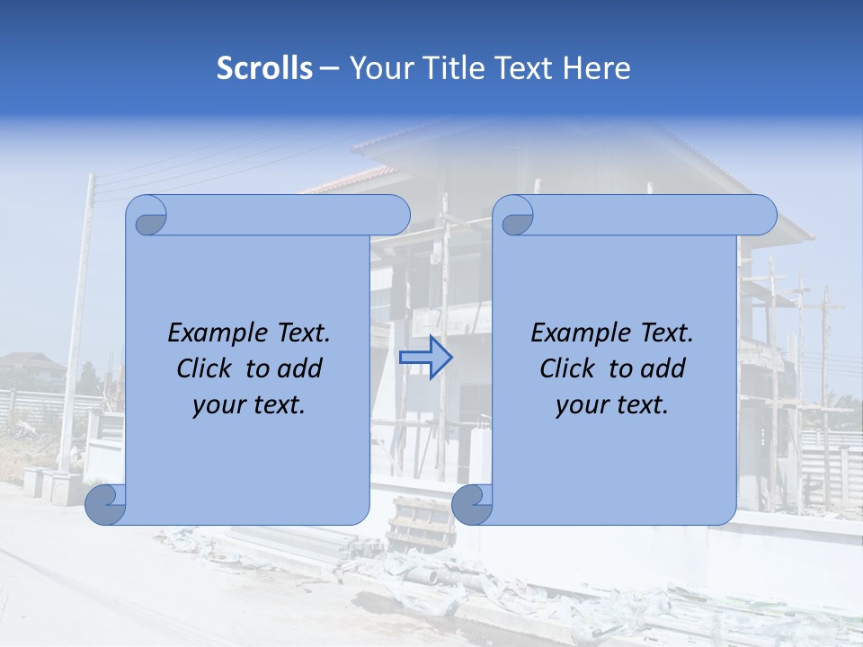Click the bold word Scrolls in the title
tap(264, 68)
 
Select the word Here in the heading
tap(597, 68)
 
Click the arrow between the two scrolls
tap(425, 358)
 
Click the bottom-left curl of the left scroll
tap(105, 505)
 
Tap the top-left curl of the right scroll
tap(516, 217)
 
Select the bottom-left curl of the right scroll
tap(472, 505)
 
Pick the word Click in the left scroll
tap(204, 368)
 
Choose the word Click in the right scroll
tap(567, 368)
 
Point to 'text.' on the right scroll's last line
tap(643, 405)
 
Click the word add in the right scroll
tap(664, 368)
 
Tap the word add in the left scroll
tap(301, 368)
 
